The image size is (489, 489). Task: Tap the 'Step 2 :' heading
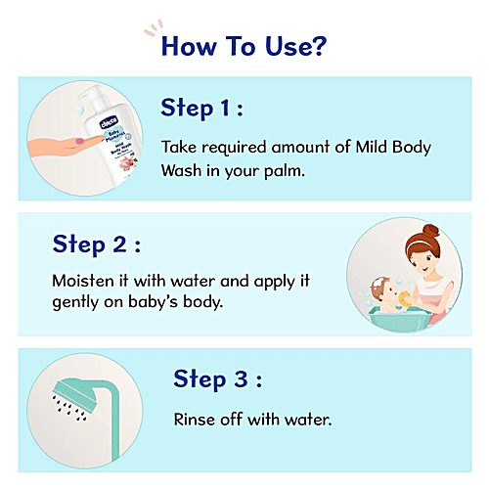tap(95, 243)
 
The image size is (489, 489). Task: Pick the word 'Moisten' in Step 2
tap(84, 280)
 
